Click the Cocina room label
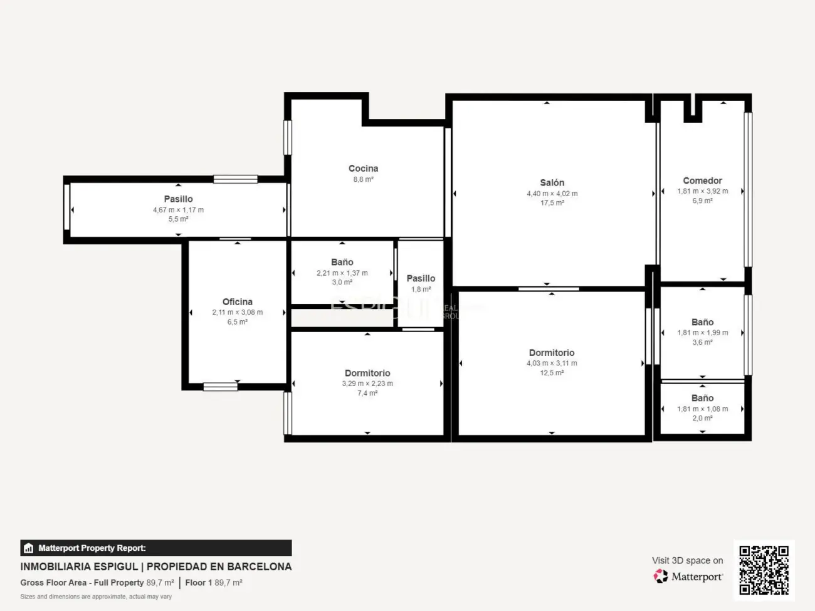[x=363, y=169]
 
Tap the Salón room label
[x=552, y=183]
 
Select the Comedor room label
[x=702, y=180]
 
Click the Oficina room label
[x=237, y=302]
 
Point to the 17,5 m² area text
[x=552, y=203]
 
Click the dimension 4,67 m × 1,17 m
[x=178, y=210]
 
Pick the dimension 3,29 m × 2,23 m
[x=367, y=384]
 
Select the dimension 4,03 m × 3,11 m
[x=552, y=363]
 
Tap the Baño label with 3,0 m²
[x=342, y=263]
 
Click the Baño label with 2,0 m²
[x=702, y=398]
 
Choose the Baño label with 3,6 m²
[x=702, y=322]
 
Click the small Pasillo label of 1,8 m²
[x=421, y=278]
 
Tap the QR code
[x=764, y=570]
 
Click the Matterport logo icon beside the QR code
[x=661, y=577]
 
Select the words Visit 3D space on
[x=687, y=560]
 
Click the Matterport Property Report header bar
[x=155, y=548]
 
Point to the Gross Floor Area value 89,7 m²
[x=160, y=583]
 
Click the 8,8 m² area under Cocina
[x=363, y=179]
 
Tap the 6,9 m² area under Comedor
[x=702, y=201]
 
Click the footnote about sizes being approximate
[x=96, y=597]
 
